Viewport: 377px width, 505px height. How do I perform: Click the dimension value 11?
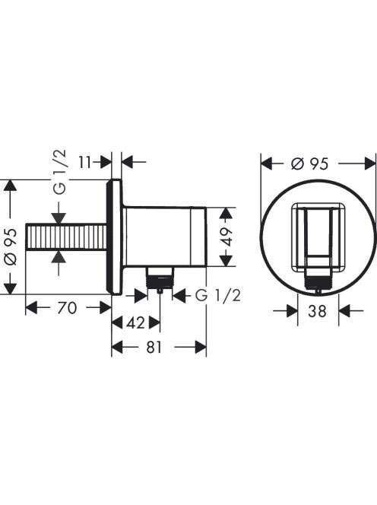[86, 162]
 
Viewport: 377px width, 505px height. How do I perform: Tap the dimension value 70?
[67, 307]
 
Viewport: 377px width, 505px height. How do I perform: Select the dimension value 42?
[135, 323]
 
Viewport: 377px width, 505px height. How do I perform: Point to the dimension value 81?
[154, 347]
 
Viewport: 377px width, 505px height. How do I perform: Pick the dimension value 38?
[317, 311]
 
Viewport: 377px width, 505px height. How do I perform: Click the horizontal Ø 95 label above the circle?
[309, 164]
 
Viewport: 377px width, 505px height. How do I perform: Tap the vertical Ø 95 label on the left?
[11, 246]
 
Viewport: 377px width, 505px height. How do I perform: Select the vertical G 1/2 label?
[60, 172]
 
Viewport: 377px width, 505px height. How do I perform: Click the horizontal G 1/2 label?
[218, 295]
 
